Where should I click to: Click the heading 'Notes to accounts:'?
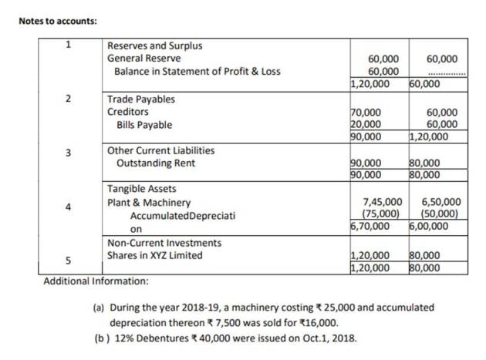pyautogui.click(x=58, y=20)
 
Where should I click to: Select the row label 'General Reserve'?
pyautogui.click(x=144, y=59)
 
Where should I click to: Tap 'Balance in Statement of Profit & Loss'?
pyautogui.click(x=197, y=72)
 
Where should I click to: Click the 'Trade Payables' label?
pyautogui.click(x=141, y=99)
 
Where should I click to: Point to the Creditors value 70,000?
pyautogui.click(x=366, y=112)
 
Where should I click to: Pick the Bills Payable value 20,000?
pyautogui.click(x=366, y=124)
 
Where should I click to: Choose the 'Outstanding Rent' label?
pyautogui.click(x=155, y=163)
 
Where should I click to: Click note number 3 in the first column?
pyautogui.click(x=67, y=151)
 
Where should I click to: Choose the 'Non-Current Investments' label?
pyautogui.click(x=164, y=243)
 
